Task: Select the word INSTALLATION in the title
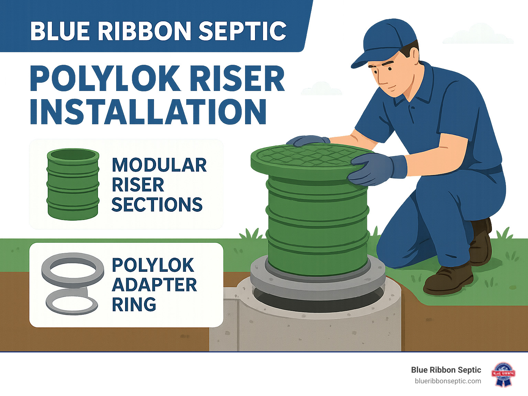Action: click(x=148, y=112)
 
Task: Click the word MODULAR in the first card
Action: click(x=159, y=165)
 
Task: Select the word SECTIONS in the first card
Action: click(x=157, y=205)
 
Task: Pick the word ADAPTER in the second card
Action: click(x=154, y=285)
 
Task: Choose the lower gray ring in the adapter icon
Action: click(x=72, y=301)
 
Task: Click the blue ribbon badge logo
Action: click(x=503, y=374)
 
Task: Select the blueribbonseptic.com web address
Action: click(x=448, y=381)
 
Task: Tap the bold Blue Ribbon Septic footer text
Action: click(x=446, y=370)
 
